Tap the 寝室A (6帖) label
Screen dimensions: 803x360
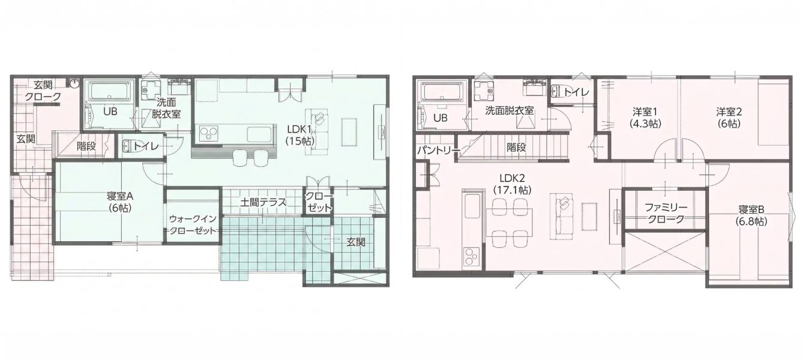tap(120, 202)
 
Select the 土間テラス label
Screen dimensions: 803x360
tap(263, 203)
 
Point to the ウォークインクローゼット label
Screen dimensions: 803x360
tap(193, 224)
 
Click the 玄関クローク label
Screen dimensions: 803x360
tap(43, 91)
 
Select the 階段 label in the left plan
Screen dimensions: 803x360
tap(86, 146)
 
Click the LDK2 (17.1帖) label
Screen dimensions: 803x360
tap(513, 184)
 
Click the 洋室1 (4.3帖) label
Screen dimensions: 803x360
tap(645, 117)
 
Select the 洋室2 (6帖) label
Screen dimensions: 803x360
tap(729, 117)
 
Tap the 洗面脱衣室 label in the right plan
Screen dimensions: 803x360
tap(510, 111)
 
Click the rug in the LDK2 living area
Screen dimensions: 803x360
tap(589, 217)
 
